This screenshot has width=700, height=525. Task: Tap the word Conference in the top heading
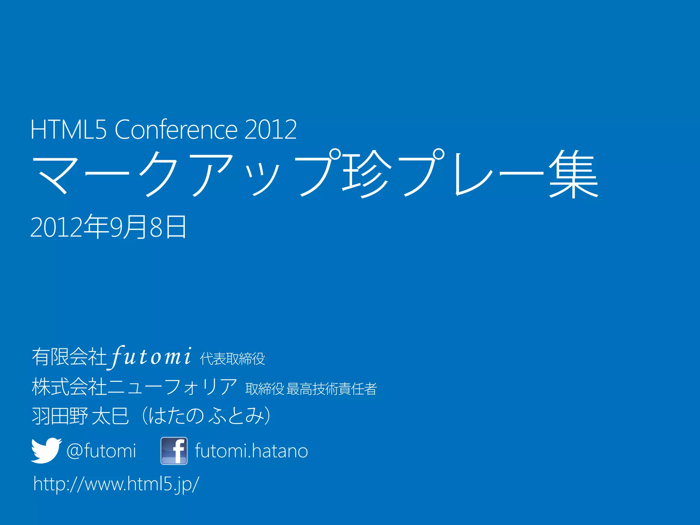tap(176, 130)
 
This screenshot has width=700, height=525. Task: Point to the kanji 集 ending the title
tap(573, 173)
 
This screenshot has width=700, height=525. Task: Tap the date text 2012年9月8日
tap(108, 227)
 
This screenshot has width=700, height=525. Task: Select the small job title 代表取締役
tap(232, 359)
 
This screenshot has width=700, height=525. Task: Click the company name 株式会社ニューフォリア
tap(134, 387)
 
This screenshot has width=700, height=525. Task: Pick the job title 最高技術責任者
tap(332, 389)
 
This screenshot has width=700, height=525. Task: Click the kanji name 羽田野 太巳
tap(80, 416)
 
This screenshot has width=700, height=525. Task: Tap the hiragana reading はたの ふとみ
tap(207, 416)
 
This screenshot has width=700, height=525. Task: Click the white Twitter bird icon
tap(46, 450)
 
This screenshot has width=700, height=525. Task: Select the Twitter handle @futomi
tap(101, 451)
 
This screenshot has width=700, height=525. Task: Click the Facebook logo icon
tap(174, 451)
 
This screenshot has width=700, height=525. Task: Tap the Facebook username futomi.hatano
tap(251, 451)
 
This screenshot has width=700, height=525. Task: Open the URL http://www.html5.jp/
tap(116, 484)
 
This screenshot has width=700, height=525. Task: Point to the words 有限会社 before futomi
tap(69, 357)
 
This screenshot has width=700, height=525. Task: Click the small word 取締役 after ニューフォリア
tap(265, 389)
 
